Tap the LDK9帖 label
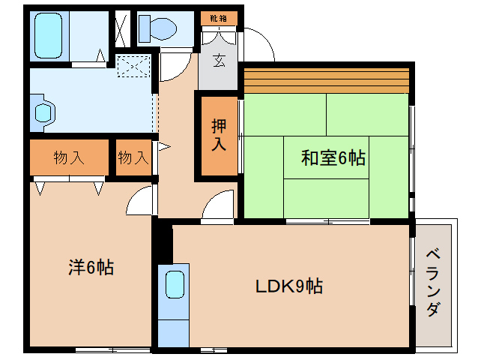289,286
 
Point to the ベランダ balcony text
433,283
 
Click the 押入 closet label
218,136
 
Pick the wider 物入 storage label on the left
68,158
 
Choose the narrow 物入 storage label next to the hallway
133,158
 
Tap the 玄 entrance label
219,61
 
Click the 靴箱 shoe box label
218,16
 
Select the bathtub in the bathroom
52,34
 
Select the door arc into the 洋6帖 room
140,200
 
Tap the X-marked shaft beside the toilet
120,28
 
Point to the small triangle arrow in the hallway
163,147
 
